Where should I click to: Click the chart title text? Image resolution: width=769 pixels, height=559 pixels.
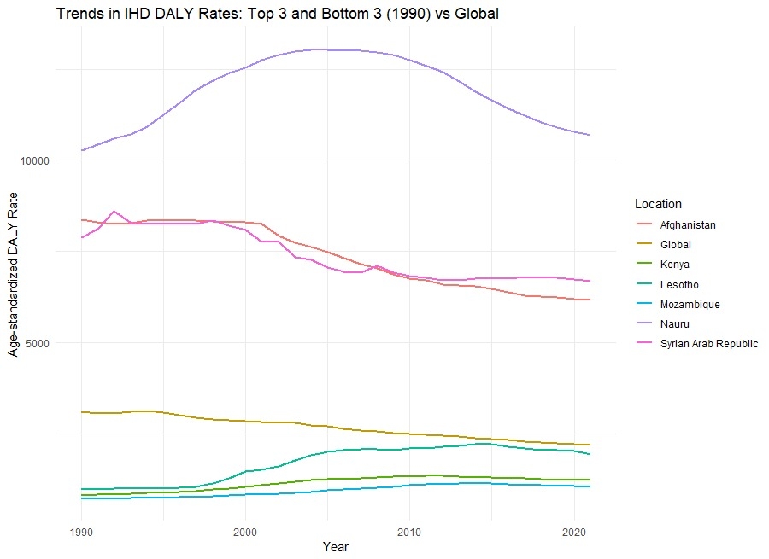(x=278, y=14)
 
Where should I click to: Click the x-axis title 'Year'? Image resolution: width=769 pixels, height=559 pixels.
(x=336, y=547)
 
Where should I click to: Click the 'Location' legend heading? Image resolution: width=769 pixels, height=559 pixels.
(x=658, y=204)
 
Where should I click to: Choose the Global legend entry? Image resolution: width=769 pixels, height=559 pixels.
(x=675, y=245)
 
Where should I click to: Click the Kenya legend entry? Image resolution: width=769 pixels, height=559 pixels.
(x=673, y=265)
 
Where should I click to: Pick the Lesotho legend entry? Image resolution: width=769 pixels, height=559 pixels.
(x=678, y=284)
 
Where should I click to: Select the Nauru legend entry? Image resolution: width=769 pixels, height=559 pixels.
(x=673, y=323)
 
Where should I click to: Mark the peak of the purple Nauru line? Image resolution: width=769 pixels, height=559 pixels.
(x=319, y=49)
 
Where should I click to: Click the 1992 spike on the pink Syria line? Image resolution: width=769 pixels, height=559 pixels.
(x=114, y=211)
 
